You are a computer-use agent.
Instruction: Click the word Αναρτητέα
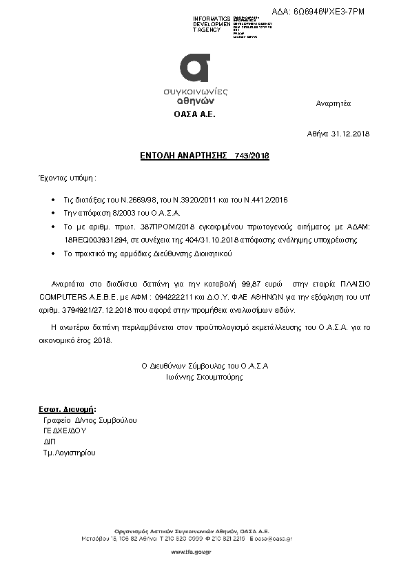pos(334,103)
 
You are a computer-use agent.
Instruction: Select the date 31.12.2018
pos(351,133)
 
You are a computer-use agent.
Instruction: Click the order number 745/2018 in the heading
pos(252,156)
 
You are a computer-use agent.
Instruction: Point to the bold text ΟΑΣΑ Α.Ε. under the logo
pos(194,114)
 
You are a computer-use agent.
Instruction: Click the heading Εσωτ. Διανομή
pos(67,409)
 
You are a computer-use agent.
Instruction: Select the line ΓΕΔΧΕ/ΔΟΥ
pos(64,431)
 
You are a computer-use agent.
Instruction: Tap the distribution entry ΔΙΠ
pos(50,442)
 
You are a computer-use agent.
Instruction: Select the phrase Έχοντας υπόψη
pos(65,178)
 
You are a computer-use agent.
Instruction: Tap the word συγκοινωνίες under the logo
pos(196,91)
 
